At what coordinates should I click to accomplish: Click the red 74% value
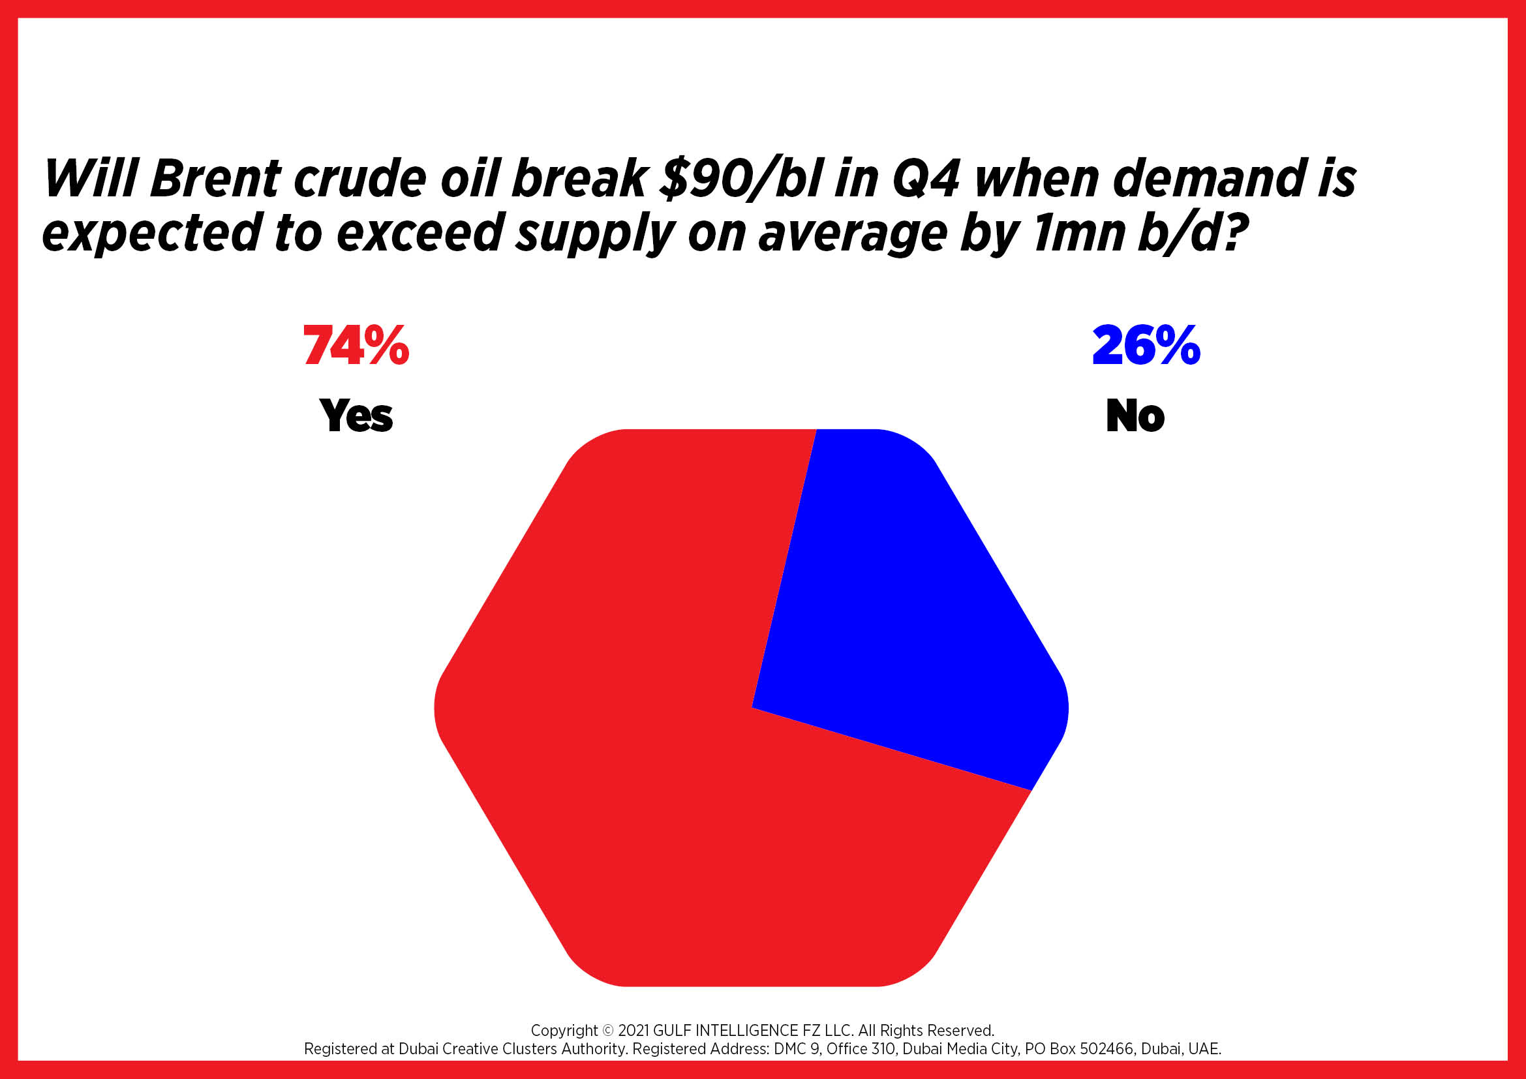(356, 346)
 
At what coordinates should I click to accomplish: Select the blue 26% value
(1146, 346)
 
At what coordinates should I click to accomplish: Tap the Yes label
(356, 416)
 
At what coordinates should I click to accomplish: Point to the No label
(1135, 416)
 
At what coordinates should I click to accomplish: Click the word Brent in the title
(215, 179)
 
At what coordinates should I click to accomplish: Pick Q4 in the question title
(925, 179)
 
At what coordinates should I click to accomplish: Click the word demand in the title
(1206, 179)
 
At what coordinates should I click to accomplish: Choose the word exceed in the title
(419, 234)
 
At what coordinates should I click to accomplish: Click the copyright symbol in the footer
(608, 1031)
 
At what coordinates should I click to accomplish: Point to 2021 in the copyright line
(633, 1031)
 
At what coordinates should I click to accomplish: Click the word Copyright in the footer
(564, 1031)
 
